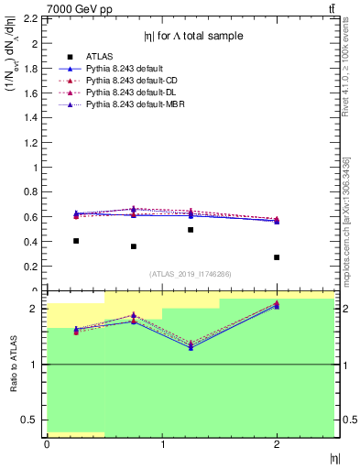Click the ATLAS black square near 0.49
tap(191, 230)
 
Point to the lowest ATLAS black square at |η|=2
tap(277, 257)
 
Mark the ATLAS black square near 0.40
tap(76, 241)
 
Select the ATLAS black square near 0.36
tap(134, 246)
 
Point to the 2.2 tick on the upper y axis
tap(30, 18)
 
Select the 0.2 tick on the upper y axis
tap(30, 267)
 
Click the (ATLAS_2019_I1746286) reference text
tap(191, 274)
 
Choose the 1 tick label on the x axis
tap(162, 444)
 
